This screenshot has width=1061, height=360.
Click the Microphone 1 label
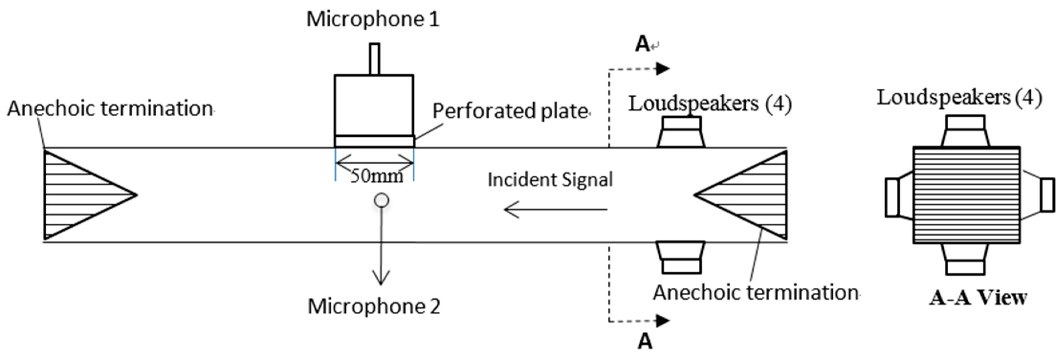coord(373,19)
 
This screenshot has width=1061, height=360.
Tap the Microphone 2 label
coord(374,307)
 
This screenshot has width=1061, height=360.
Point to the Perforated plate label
coord(510,111)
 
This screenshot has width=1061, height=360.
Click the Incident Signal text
coord(550,180)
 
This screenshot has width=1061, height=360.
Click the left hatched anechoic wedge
coord(78,195)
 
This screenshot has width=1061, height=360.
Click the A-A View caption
coord(978,297)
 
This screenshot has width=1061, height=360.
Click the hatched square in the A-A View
coord(966,195)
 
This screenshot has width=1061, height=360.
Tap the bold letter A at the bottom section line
coord(645,341)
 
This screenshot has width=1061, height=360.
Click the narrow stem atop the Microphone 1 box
coord(374,59)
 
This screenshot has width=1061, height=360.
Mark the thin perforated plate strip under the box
coord(374,141)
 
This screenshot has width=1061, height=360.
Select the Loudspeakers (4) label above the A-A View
coord(959,98)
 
